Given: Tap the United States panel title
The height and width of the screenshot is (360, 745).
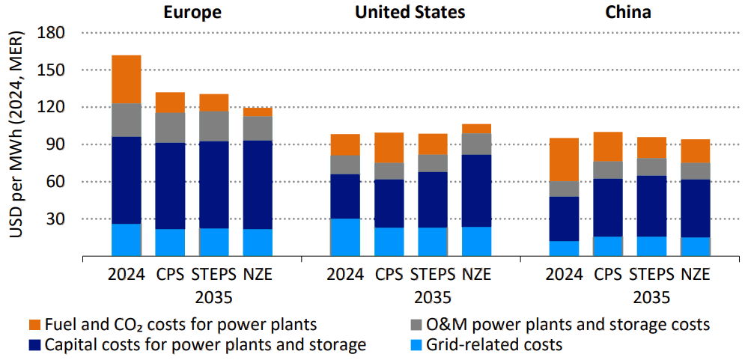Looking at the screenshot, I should click(x=410, y=12).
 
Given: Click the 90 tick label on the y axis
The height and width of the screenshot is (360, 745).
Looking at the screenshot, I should click(x=56, y=144).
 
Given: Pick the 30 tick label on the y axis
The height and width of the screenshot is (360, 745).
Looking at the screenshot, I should click(x=56, y=219).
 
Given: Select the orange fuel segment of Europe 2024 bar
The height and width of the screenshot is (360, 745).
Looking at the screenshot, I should click(x=127, y=79).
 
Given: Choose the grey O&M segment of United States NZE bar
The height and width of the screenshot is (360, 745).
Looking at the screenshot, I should click(x=477, y=144).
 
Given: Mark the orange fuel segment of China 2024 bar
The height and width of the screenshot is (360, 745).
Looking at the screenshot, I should click(x=565, y=159).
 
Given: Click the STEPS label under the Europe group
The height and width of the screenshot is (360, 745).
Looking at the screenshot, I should click(x=214, y=274).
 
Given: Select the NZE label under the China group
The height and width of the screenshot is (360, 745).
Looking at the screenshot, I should click(x=696, y=274).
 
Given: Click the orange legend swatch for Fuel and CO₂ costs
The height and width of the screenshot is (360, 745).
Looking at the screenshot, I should click(x=34, y=326).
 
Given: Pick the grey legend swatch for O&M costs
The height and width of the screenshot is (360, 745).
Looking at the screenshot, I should click(x=416, y=326).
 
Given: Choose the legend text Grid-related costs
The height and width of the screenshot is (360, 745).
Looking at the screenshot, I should click(x=493, y=345).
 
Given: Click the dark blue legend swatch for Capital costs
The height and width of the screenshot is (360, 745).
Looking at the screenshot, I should click(x=34, y=345).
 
